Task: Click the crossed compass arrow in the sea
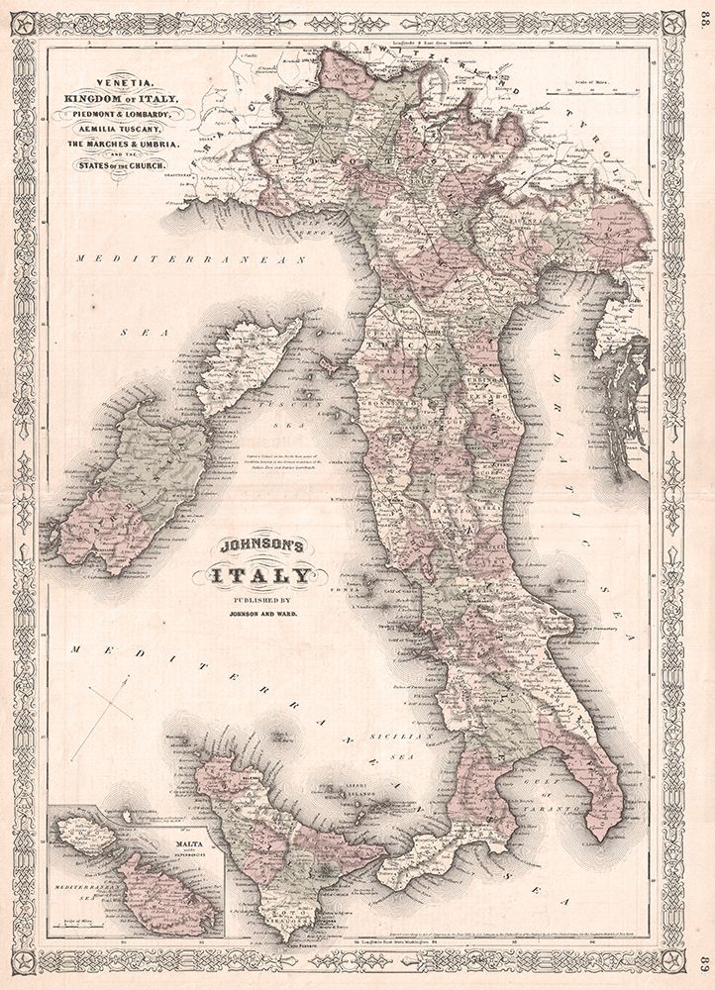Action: (102, 713)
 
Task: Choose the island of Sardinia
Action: (134, 485)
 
